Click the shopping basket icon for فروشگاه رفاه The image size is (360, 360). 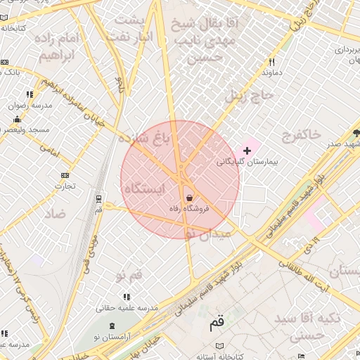[x=189, y=198]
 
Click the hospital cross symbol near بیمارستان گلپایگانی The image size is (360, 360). [x=247, y=150]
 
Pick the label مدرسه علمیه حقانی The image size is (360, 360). [x=127, y=308]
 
